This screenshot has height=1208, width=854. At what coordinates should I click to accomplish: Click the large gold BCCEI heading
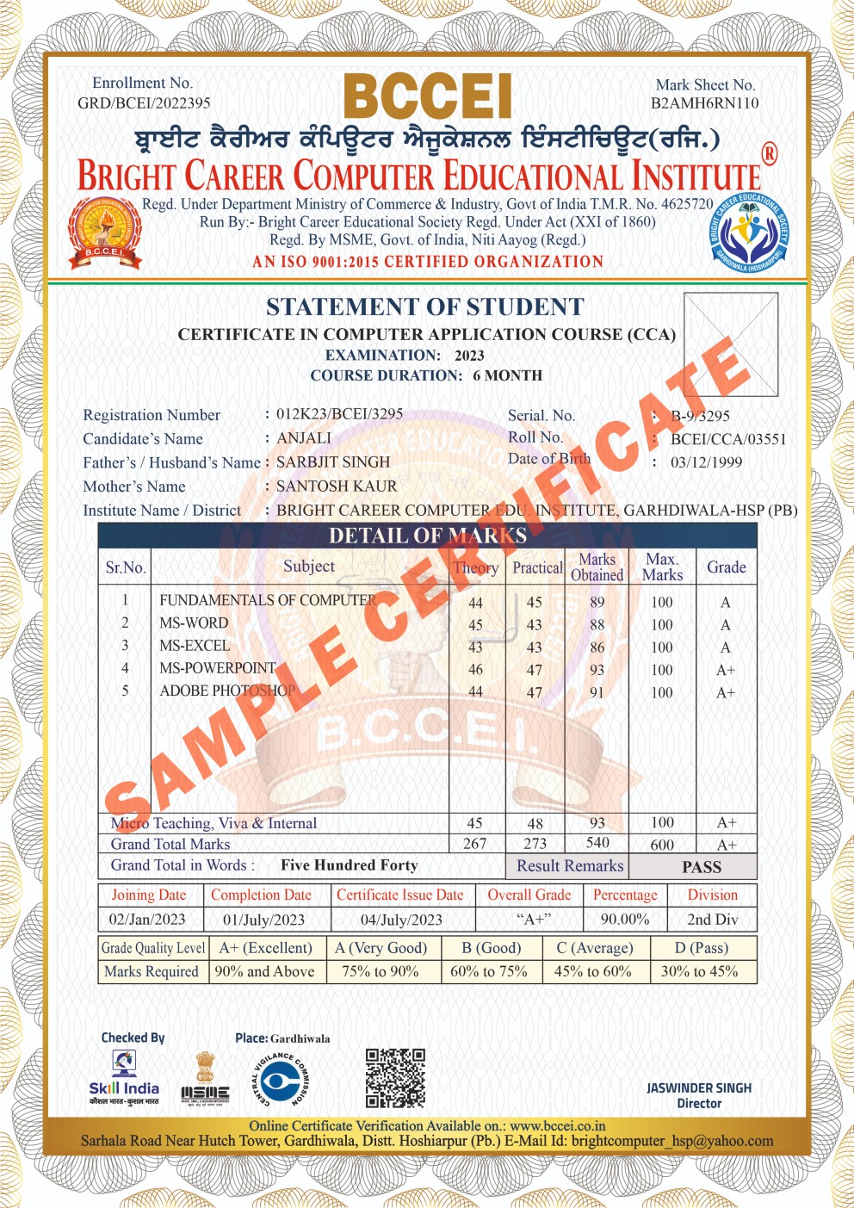(x=428, y=96)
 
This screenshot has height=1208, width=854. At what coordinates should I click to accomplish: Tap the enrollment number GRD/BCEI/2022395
(x=144, y=103)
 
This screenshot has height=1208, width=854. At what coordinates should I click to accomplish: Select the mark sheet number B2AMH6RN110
(x=704, y=103)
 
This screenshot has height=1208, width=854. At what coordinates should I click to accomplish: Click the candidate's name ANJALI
(x=304, y=438)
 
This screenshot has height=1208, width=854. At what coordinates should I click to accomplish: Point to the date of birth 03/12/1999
(x=706, y=462)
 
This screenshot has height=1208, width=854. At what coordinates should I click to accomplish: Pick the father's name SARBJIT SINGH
(x=333, y=462)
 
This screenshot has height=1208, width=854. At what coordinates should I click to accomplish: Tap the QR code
(x=395, y=1077)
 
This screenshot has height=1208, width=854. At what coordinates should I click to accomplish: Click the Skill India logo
(x=124, y=1080)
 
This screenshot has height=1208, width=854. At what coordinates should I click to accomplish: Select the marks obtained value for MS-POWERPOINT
(x=597, y=670)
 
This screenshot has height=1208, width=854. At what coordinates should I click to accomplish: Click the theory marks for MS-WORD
(x=475, y=625)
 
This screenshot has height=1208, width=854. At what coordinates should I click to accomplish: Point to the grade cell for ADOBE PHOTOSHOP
(x=726, y=692)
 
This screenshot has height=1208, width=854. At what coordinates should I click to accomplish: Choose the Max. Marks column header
(x=662, y=567)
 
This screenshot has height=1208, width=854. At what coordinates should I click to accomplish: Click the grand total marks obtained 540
(x=597, y=843)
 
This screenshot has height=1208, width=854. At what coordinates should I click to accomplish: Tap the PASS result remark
(x=702, y=867)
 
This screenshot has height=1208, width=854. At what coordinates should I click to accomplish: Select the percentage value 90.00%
(x=625, y=920)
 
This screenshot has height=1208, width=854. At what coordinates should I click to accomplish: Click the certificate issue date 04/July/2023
(x=401, y=920)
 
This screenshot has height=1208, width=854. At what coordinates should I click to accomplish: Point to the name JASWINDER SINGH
(x=699, y=1088)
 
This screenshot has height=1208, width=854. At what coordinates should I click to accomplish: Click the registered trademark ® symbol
(x=769, y=155)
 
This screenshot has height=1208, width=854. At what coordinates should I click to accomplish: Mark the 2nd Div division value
(x=712, y=920)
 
